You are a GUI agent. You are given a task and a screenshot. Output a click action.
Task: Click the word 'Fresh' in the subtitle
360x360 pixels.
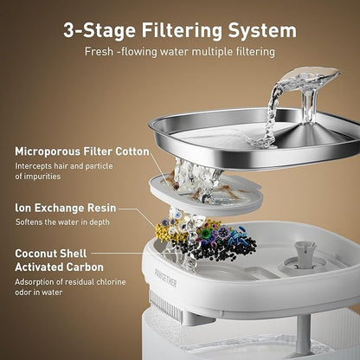click(x=102, y=52)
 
